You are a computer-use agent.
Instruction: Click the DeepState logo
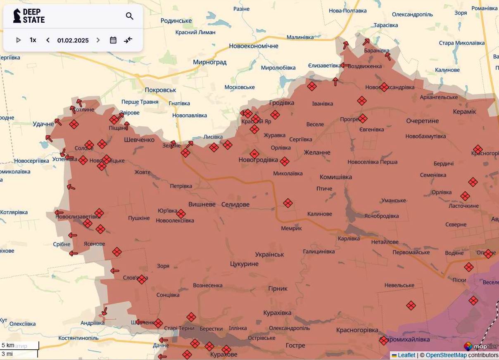click(29, 16)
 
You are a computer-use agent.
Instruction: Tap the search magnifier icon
click(129, 16)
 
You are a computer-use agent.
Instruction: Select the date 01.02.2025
click(73, 40)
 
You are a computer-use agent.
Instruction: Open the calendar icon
click(113, 40)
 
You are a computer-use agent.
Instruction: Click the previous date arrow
click(48, 40)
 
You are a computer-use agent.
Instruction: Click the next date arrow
click(98, 40)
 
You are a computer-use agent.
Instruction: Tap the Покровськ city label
click(160, 90)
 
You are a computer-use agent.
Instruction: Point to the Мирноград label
click(210, 62)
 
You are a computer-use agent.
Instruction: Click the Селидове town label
click(235, 204)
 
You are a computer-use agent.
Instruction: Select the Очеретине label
click(422, 121)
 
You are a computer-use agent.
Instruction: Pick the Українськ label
click(269, 254)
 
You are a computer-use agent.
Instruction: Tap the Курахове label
click(223, 355)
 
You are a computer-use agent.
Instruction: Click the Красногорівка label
click(357, 330)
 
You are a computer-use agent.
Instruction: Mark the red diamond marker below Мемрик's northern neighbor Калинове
click(288, 203)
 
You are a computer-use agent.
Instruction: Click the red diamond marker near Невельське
click(411, 306)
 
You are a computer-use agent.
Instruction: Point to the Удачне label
click(43, 124)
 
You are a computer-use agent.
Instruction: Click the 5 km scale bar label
click(8, 345)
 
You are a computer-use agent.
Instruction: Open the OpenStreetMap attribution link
click(446, 355)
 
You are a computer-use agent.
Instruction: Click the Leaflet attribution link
click(406, 355)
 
